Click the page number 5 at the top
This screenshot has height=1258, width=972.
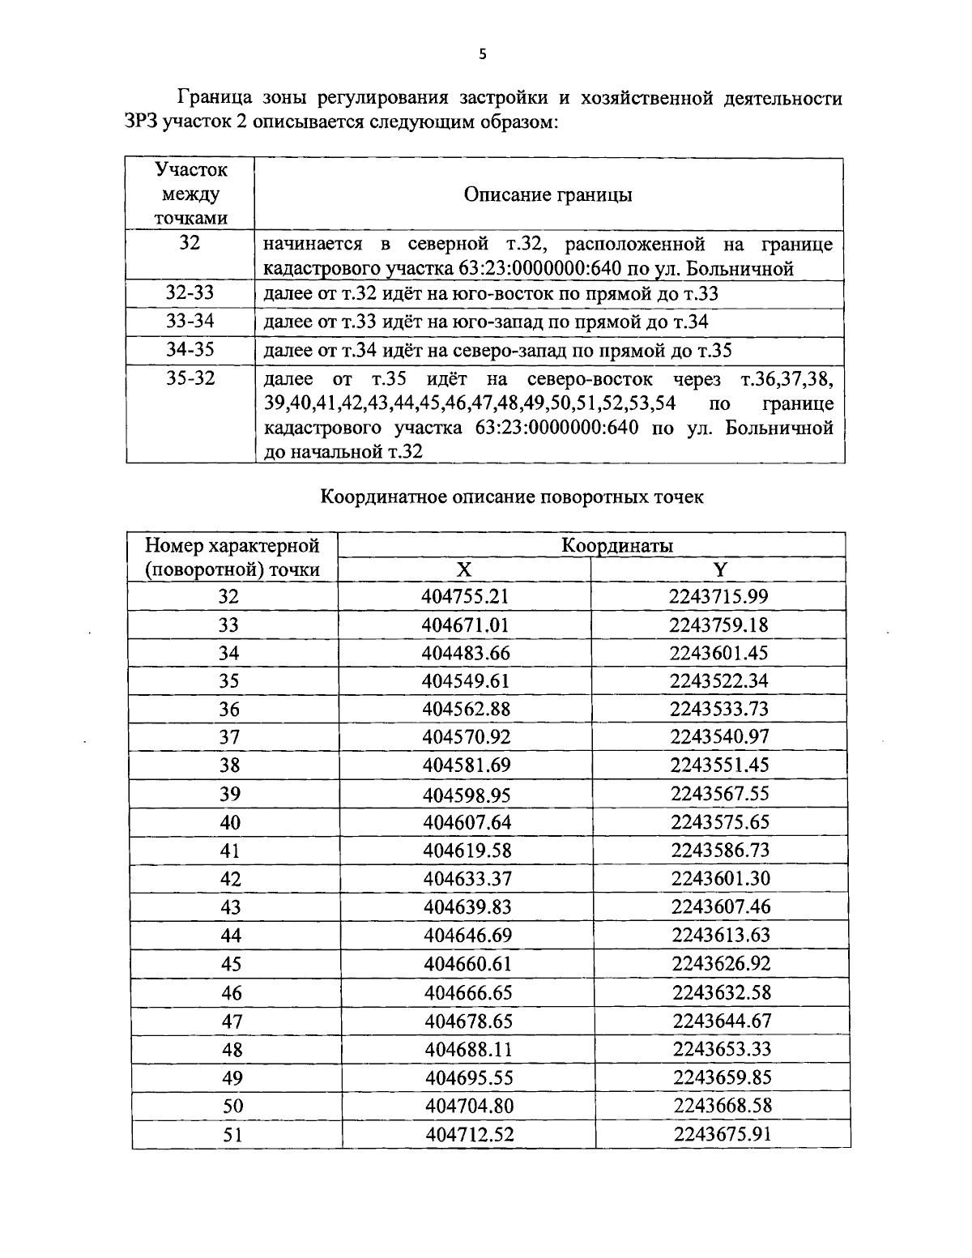coord(483,54)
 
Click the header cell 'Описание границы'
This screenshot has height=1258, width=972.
coord(548,194)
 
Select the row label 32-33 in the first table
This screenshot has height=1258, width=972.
coord(190,293)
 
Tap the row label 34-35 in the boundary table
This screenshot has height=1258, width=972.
coord(190,350)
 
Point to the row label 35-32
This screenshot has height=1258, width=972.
coord(190,378)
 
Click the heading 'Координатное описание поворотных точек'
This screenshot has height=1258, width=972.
coord(512,497)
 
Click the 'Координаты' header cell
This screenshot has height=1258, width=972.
coord(617,545)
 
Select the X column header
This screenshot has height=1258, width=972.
coord(463,569)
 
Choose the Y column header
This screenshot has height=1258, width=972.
coord(719,569)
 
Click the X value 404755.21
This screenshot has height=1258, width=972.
coord(465,597)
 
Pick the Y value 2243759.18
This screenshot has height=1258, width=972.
coord(719,625)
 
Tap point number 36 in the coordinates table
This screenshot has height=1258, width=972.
coord(230,709)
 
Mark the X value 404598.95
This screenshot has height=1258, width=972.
coord(467,794)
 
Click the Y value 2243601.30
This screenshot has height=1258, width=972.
coord(720,879)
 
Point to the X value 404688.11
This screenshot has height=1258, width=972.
coord(468,1049)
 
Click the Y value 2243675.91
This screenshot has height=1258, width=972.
coord(722,1134)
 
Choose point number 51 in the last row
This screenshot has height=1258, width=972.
coord(232,1134)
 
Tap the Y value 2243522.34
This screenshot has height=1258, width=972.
coord(719,680)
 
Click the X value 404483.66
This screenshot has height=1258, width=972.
coord(465,653)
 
